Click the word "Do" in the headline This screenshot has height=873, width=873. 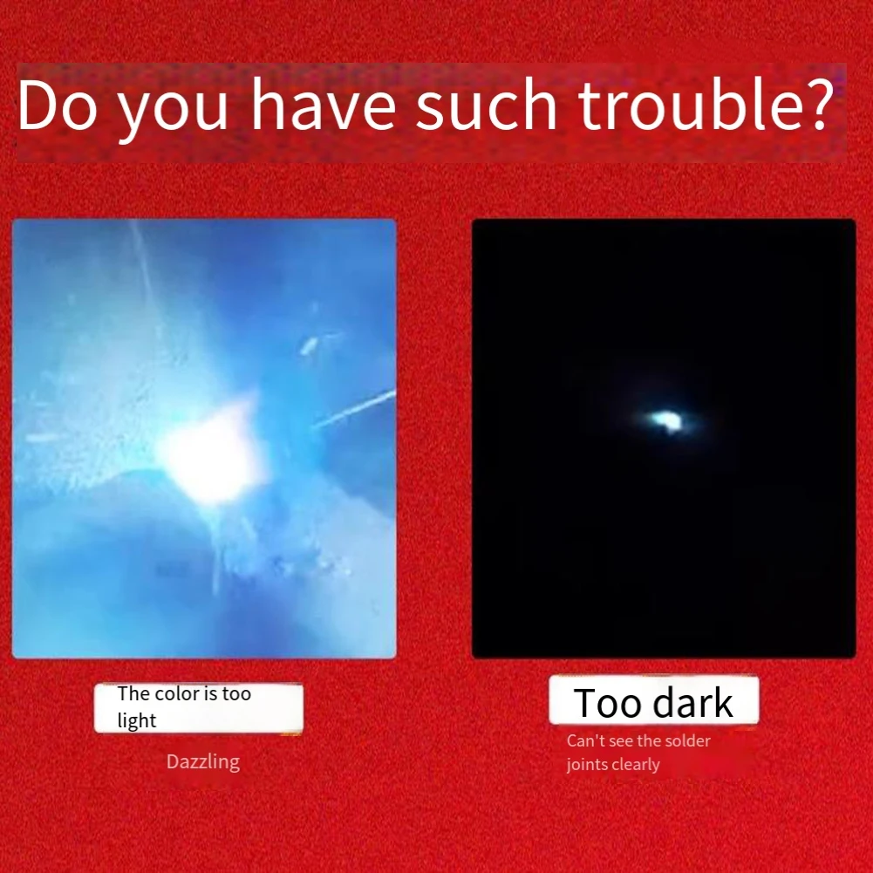pos(58,104)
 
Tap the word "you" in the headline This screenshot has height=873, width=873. pos(174,112)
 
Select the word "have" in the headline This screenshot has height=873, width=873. pos(324,104)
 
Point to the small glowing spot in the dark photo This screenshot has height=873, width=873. pos(666,419)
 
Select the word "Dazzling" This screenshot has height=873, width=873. pos(203,761)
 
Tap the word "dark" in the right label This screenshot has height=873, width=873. pos(692,702)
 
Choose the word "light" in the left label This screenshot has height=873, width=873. pos(136,720)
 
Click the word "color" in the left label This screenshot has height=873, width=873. pos(177,693)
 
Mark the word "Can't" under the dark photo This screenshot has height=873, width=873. pos(582,741)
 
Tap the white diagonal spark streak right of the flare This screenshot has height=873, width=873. pos(353,409)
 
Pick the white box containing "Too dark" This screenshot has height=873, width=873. pos(653,699)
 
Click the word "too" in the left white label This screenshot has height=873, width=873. pos(236,693)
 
